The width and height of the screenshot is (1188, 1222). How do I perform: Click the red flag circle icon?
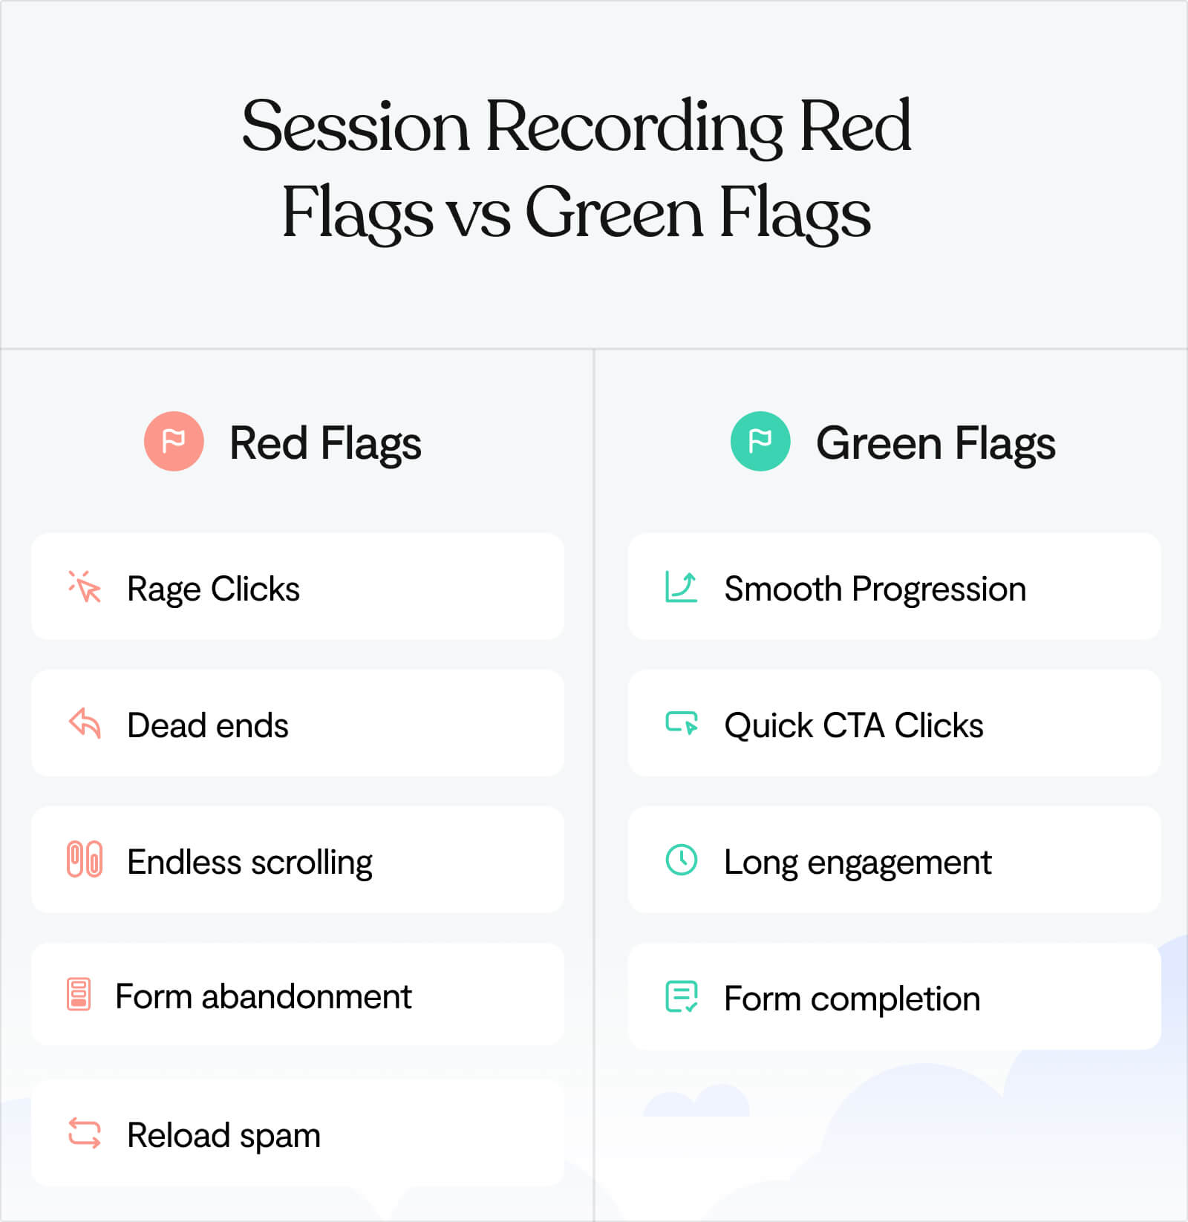(x=174, y=441)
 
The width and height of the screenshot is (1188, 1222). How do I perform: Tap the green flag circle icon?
(x=760, y=441)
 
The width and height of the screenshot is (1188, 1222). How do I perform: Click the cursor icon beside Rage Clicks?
(x=85, y=587)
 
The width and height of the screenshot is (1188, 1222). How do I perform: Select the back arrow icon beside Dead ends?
(x=85, y=723)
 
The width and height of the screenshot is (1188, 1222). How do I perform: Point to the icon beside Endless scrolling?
(x=85, y=860)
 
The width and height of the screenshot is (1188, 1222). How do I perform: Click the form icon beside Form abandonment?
(x=79, y=994)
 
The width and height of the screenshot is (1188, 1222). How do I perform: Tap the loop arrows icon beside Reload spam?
(x=85, y=1134)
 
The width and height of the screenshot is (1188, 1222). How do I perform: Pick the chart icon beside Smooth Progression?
(x=681, y=587)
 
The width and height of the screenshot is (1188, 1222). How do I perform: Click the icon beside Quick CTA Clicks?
(x=681, y=723)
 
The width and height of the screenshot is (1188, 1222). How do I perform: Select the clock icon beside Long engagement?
(x=681, y=860)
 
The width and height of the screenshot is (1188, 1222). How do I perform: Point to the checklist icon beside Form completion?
(x=681, y=997)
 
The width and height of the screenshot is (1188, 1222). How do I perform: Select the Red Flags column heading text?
(x=325, y=443)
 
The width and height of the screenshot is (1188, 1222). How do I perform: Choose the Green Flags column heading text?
(x=936, y=443)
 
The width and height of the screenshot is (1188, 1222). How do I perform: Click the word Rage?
(x=163, y=589)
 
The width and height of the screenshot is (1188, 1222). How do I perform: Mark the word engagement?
(x=899, y=863)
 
